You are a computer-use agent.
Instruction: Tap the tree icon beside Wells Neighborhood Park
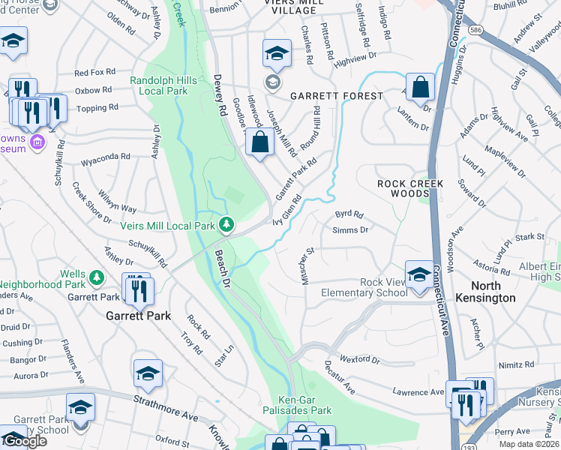(96, 278)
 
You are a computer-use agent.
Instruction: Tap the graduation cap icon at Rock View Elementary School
(418, 273)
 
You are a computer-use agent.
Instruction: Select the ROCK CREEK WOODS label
(410, 188)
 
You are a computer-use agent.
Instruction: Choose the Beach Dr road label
(223, 268)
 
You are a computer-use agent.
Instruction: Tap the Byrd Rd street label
(349, 214)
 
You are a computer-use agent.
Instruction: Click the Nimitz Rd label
(518, 364)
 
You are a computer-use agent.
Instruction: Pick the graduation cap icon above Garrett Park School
(80, 406)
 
